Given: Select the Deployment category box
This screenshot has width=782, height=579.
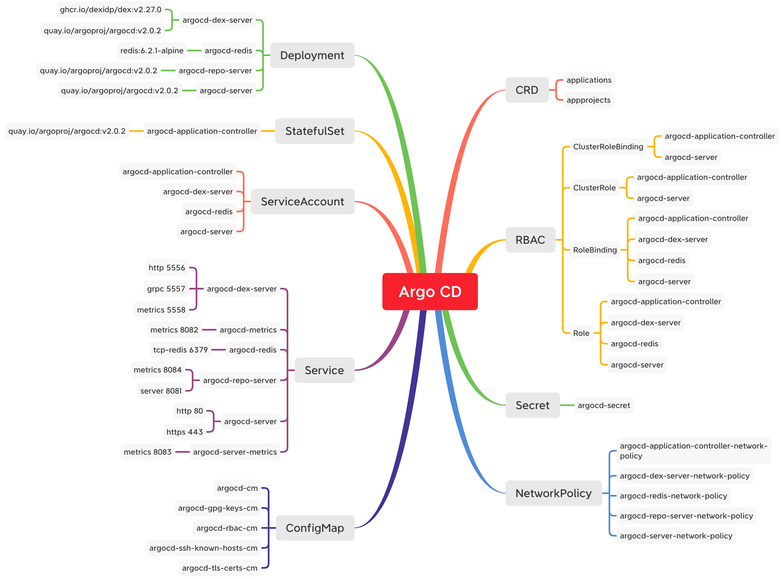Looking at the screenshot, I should click(x=312, y=56).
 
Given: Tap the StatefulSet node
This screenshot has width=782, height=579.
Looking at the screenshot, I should click(x=314, y=131).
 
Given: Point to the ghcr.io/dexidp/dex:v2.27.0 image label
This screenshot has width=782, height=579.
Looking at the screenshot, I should click(x=110, y=9).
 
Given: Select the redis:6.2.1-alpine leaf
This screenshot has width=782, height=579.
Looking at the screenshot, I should click(x=152, y=51).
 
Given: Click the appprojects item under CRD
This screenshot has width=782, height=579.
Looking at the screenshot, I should click(x=588, y=100).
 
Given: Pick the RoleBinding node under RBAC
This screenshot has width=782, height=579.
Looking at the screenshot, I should click(x=595, y=250).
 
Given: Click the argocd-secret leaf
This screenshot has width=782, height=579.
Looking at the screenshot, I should click(x=603, y=405).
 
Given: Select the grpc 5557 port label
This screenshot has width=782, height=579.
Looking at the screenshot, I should click(x=166, y=289).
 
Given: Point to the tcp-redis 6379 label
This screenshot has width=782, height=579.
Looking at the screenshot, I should click(x=180, y=350).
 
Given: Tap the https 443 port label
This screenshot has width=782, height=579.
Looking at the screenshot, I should click(x=184, y=432).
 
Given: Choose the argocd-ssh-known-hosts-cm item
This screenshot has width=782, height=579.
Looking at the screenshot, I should click(x=203, y=548).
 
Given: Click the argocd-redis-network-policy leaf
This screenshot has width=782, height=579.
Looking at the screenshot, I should click(x=673, y=495).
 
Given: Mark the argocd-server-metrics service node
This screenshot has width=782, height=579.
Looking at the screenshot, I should click(x=234, y=452).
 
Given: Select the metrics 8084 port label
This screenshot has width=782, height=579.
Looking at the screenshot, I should click(x=157, y=370).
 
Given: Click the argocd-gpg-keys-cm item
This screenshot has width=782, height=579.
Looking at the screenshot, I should click(x=217, y=508).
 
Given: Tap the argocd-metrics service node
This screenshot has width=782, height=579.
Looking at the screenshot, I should click(x=248, y=330).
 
